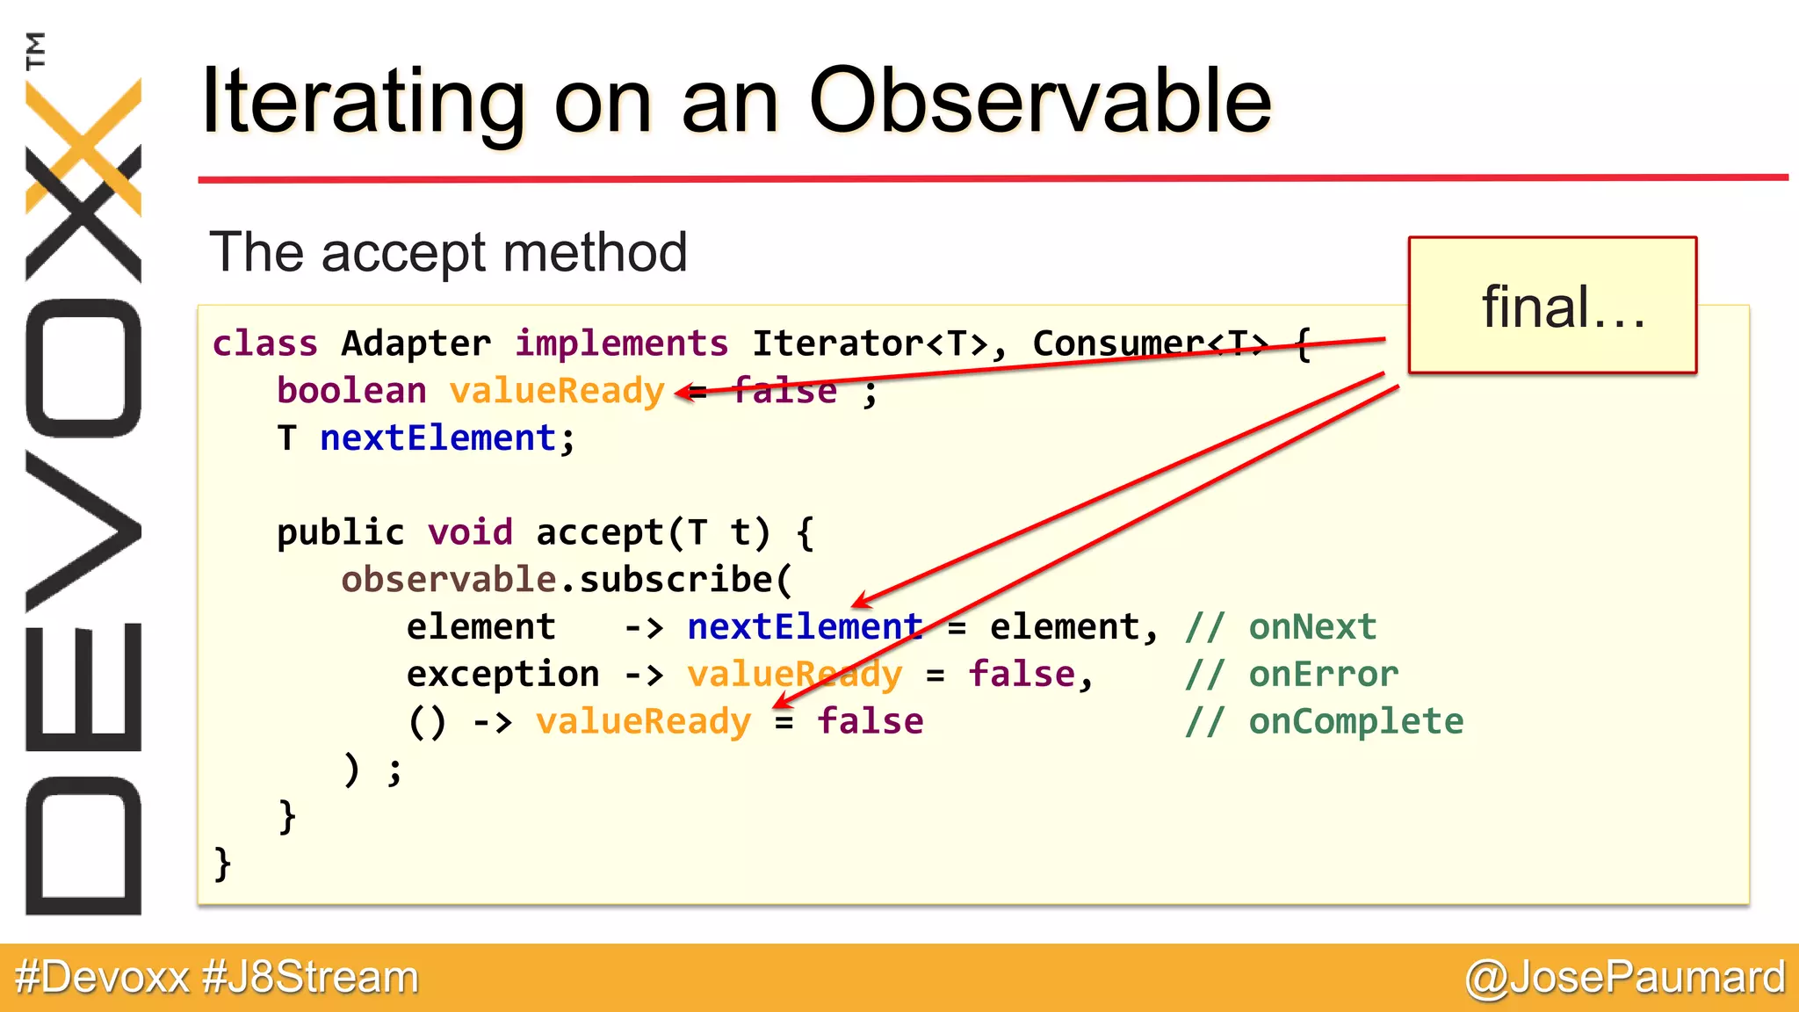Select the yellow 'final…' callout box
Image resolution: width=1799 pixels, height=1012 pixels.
(1552, 306)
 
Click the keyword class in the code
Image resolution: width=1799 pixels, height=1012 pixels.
(264, 343)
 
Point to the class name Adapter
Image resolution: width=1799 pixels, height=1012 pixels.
(415, 343)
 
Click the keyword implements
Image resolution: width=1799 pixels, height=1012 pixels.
(621, 343)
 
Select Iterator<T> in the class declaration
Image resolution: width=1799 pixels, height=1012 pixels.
(870, 343)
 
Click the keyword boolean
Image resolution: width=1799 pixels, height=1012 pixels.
(351, 391)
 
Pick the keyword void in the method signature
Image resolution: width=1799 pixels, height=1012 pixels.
(470, 532)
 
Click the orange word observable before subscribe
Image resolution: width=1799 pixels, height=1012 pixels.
(448, 580)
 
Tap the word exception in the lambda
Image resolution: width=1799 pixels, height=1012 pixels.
(502, 675)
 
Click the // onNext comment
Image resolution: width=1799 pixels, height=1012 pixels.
(1281, 627)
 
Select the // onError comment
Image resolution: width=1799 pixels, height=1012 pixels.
(1291, 675)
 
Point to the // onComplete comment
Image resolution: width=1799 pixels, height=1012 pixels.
(1324, 722)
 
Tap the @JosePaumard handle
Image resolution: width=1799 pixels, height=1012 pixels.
(1625, 978)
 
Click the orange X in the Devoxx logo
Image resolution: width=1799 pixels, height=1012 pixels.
(83, 145)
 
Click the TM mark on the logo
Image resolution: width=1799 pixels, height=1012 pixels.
(36, 50)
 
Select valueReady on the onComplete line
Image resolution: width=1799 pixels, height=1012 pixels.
(644, 722)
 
